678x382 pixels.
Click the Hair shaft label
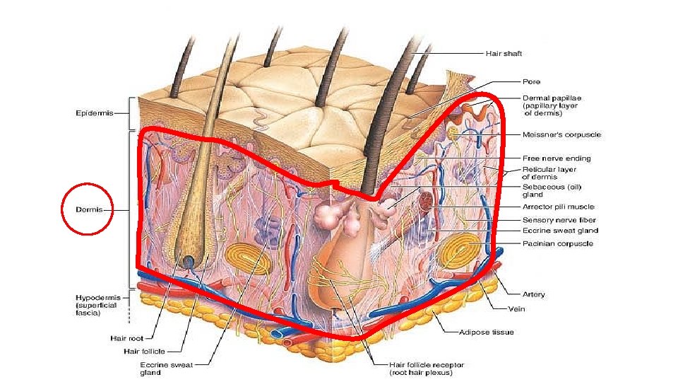coord(503,54)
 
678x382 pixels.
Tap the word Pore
coord(531,81)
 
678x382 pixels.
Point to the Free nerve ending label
coord(556,158)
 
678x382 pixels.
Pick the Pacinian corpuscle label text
coord(557,243)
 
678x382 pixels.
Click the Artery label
coord(533,294)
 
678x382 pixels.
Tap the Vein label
coord(517,308)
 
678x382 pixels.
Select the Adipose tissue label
coord(486,332)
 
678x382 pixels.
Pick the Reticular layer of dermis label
coord(549,173)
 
